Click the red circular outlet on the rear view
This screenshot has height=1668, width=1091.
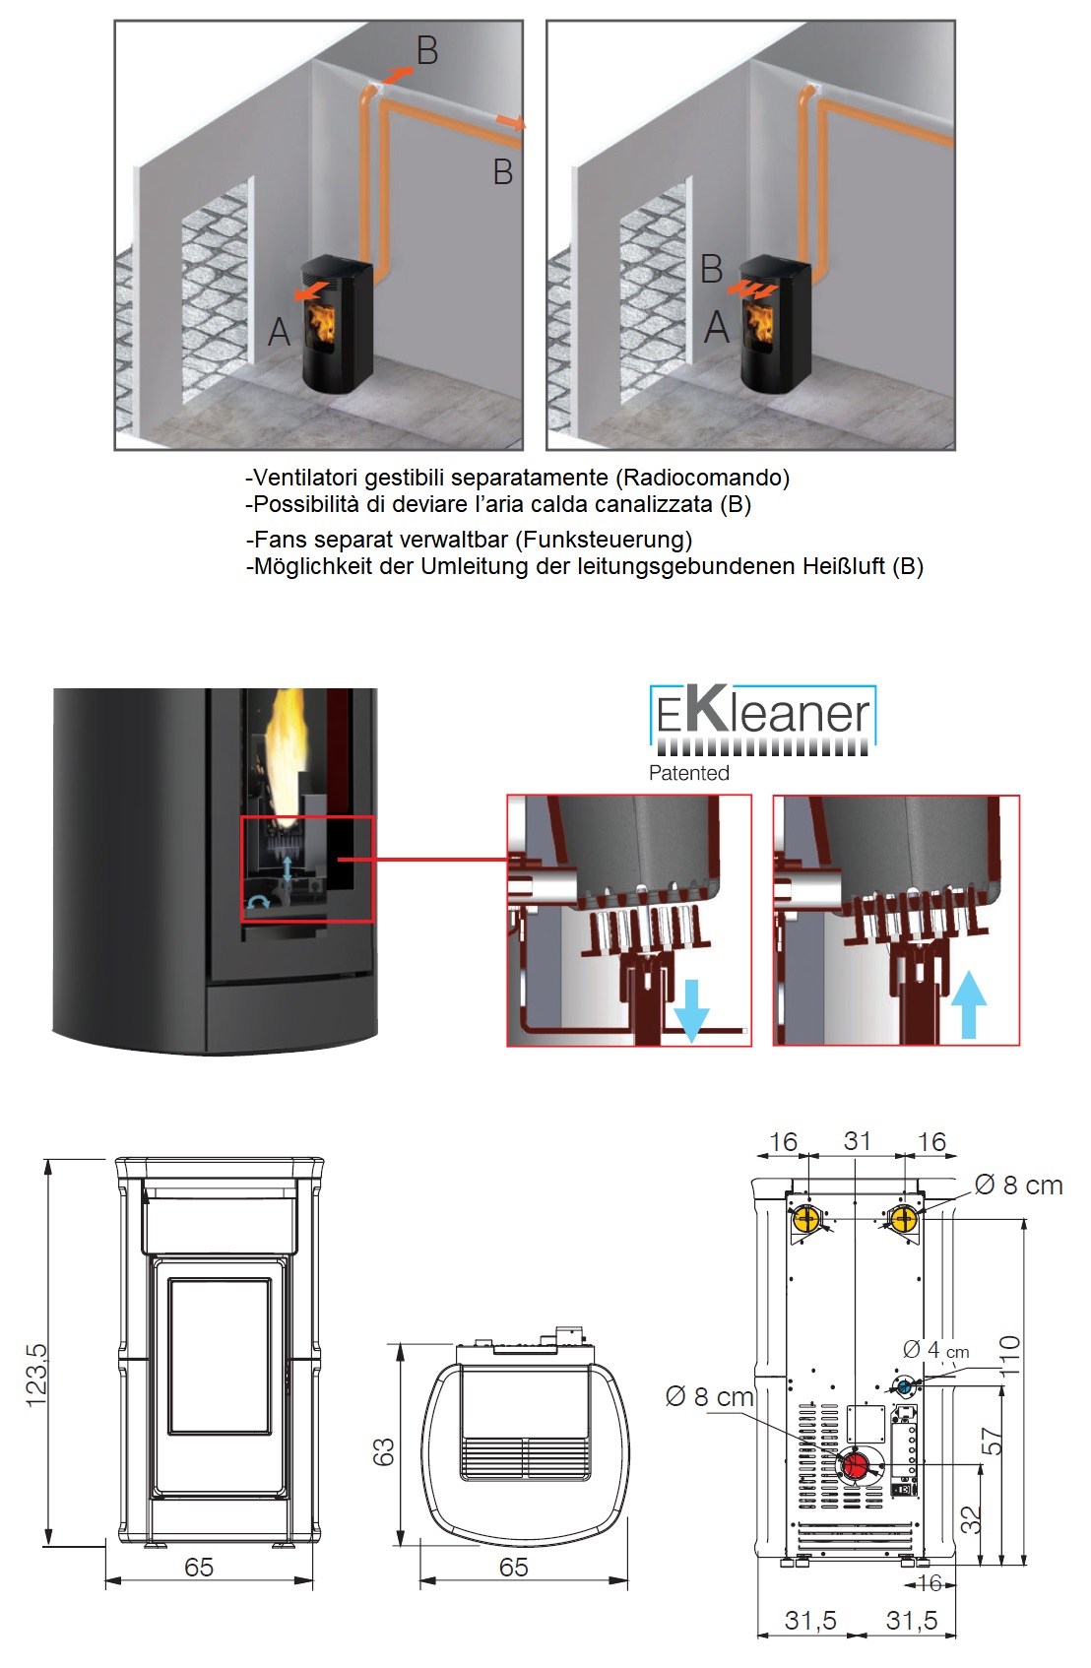click(x=855, y=1465)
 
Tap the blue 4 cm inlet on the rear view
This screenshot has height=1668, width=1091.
click(x=904, y=1386)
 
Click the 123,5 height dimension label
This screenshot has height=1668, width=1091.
click(x=35, y=1375)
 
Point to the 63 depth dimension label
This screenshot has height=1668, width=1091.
click(x=383, y=1451)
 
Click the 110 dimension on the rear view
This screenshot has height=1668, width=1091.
click(x=1010, y=1355)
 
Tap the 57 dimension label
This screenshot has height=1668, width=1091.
click(x=993, y=1442)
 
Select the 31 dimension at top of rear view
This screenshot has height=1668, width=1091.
click(x=857, y=1141)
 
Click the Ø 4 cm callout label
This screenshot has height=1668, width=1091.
click(x=935, y=1350)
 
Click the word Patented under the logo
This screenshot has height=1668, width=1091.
click(x=688, y=773)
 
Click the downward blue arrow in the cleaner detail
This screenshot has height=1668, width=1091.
click(x=691, y=1010)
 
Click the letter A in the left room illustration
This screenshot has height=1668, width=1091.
click(x=280, y=333)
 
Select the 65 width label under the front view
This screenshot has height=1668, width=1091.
click(x=199, y=1567)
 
